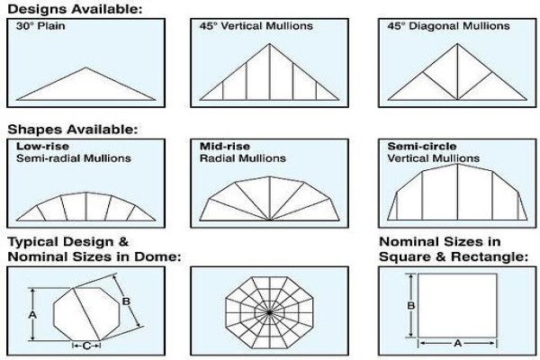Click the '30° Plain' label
pyautogui.click(x=40, y=26)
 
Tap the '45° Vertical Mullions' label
pyautogui.click(x=256, y=26)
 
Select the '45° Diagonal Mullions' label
pyautogui.click(x=448, y=26)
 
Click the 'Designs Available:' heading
pyautogui.click(x=75, y=9)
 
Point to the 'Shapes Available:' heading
pyautogui.click(x=72, y=130)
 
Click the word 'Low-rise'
pyautogui.click(x=42, y=146)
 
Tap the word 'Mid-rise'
pyautogui.click(x=225, y=146)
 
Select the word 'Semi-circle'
pyautogui.click(x=422, y=146)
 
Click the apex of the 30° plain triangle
pyautogui.click(x=85, y=67)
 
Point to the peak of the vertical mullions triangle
pyautogui.click(x=270, y=44)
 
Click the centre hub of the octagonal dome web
pyautogui.click(x=269, y=312)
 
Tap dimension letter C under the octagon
pyautogui.click(x=86, y=346)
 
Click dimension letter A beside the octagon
pyautogui.click(x=32, y=314)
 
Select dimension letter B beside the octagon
pyautogui.click(x=126, y=301)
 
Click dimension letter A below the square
pyautogui.click(x=457, y=343)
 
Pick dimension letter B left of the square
pyautogui.click(x=410, y=306)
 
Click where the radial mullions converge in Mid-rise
pyautogui.click(x=270, y=220)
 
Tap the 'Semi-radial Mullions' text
pyautogui.click(x=74, y=158)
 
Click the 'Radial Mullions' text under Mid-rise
pyautogui.click(x=243, y=158)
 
